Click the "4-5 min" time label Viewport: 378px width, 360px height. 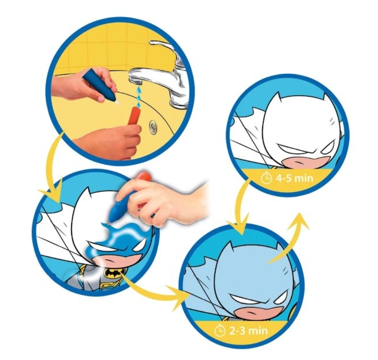pyautogui.click(x=294, y=179)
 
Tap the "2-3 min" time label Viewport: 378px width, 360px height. pyautogui.click(x=249, y=331)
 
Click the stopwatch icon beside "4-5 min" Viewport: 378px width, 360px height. pyautogui.click(x=266, y=178)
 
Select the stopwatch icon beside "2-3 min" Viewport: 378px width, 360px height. pyautogui.click(x=220, y=330)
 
